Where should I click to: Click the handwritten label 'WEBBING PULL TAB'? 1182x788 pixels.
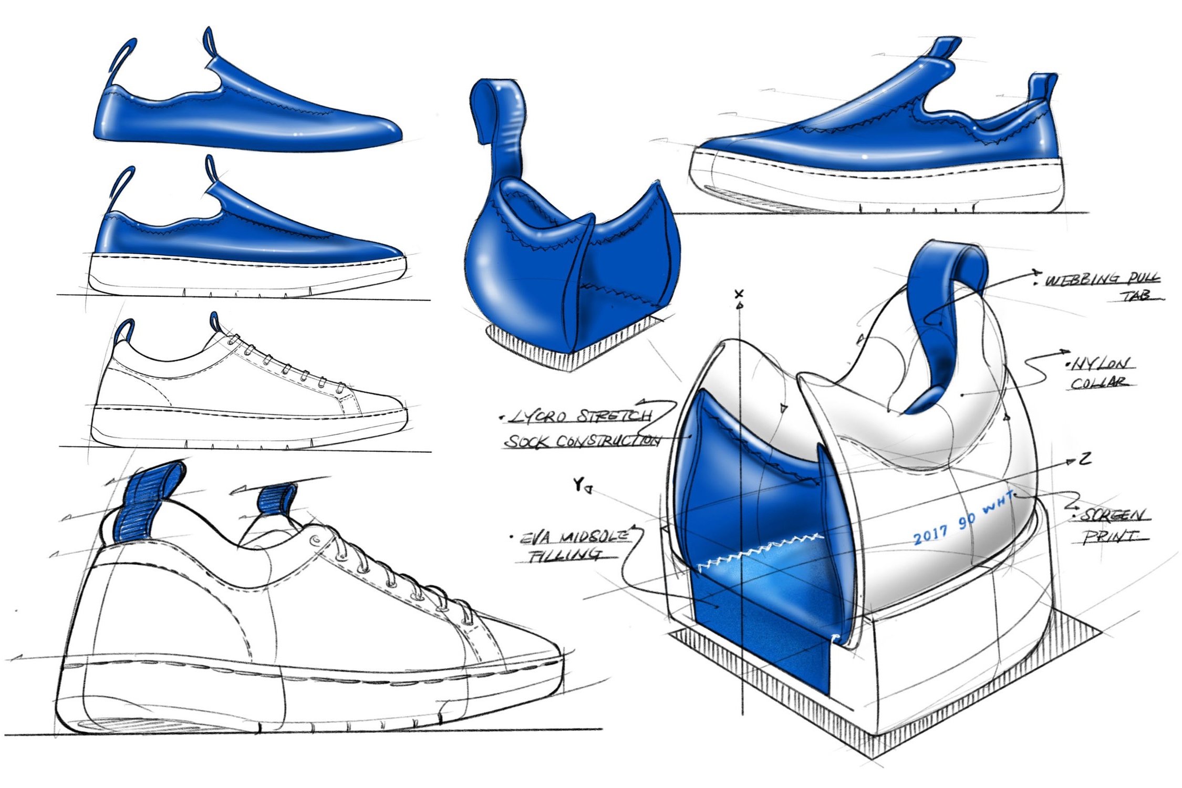tap(1101, 286)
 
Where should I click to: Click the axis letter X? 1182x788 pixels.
tap(740, 294)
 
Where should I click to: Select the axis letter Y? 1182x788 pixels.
tap(578, 484)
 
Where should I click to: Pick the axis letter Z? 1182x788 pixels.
tap(1084, 459)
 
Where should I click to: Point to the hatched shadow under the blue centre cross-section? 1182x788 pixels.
tap(536, 349)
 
